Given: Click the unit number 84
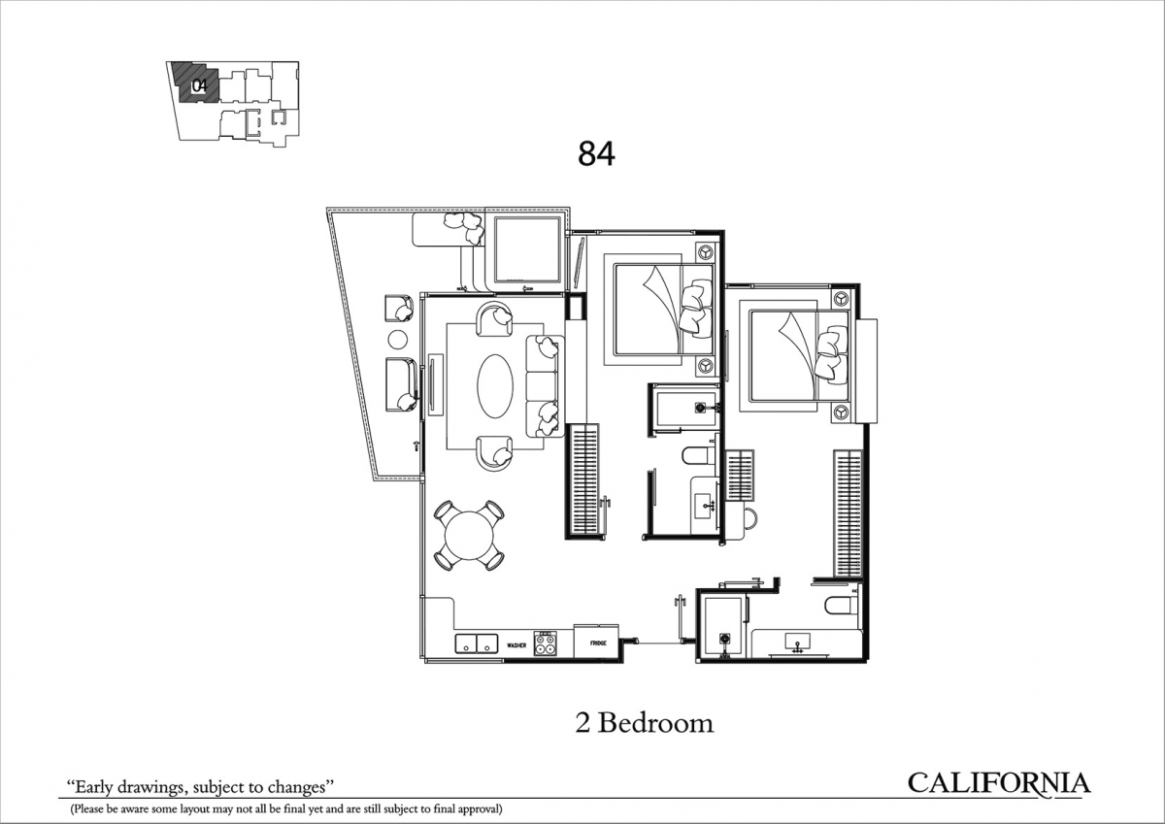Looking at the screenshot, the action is coord(596,154).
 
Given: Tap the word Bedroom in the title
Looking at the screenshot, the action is coord(656,723).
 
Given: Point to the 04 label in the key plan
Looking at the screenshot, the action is coord(200,85).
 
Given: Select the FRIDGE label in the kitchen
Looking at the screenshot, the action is coord(598,643).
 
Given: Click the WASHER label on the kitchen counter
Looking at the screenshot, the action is coord(516,645).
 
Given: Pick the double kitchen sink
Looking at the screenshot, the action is coord(477,643).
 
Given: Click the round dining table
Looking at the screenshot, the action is coord(470,536).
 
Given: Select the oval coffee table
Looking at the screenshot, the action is coord(495,385).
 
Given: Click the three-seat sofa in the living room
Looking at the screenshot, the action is coord(545,385).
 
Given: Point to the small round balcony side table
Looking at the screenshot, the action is coord(398,340).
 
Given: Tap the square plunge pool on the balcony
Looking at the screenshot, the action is coord(527,248).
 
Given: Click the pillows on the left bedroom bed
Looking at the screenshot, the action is coord(695,306).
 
